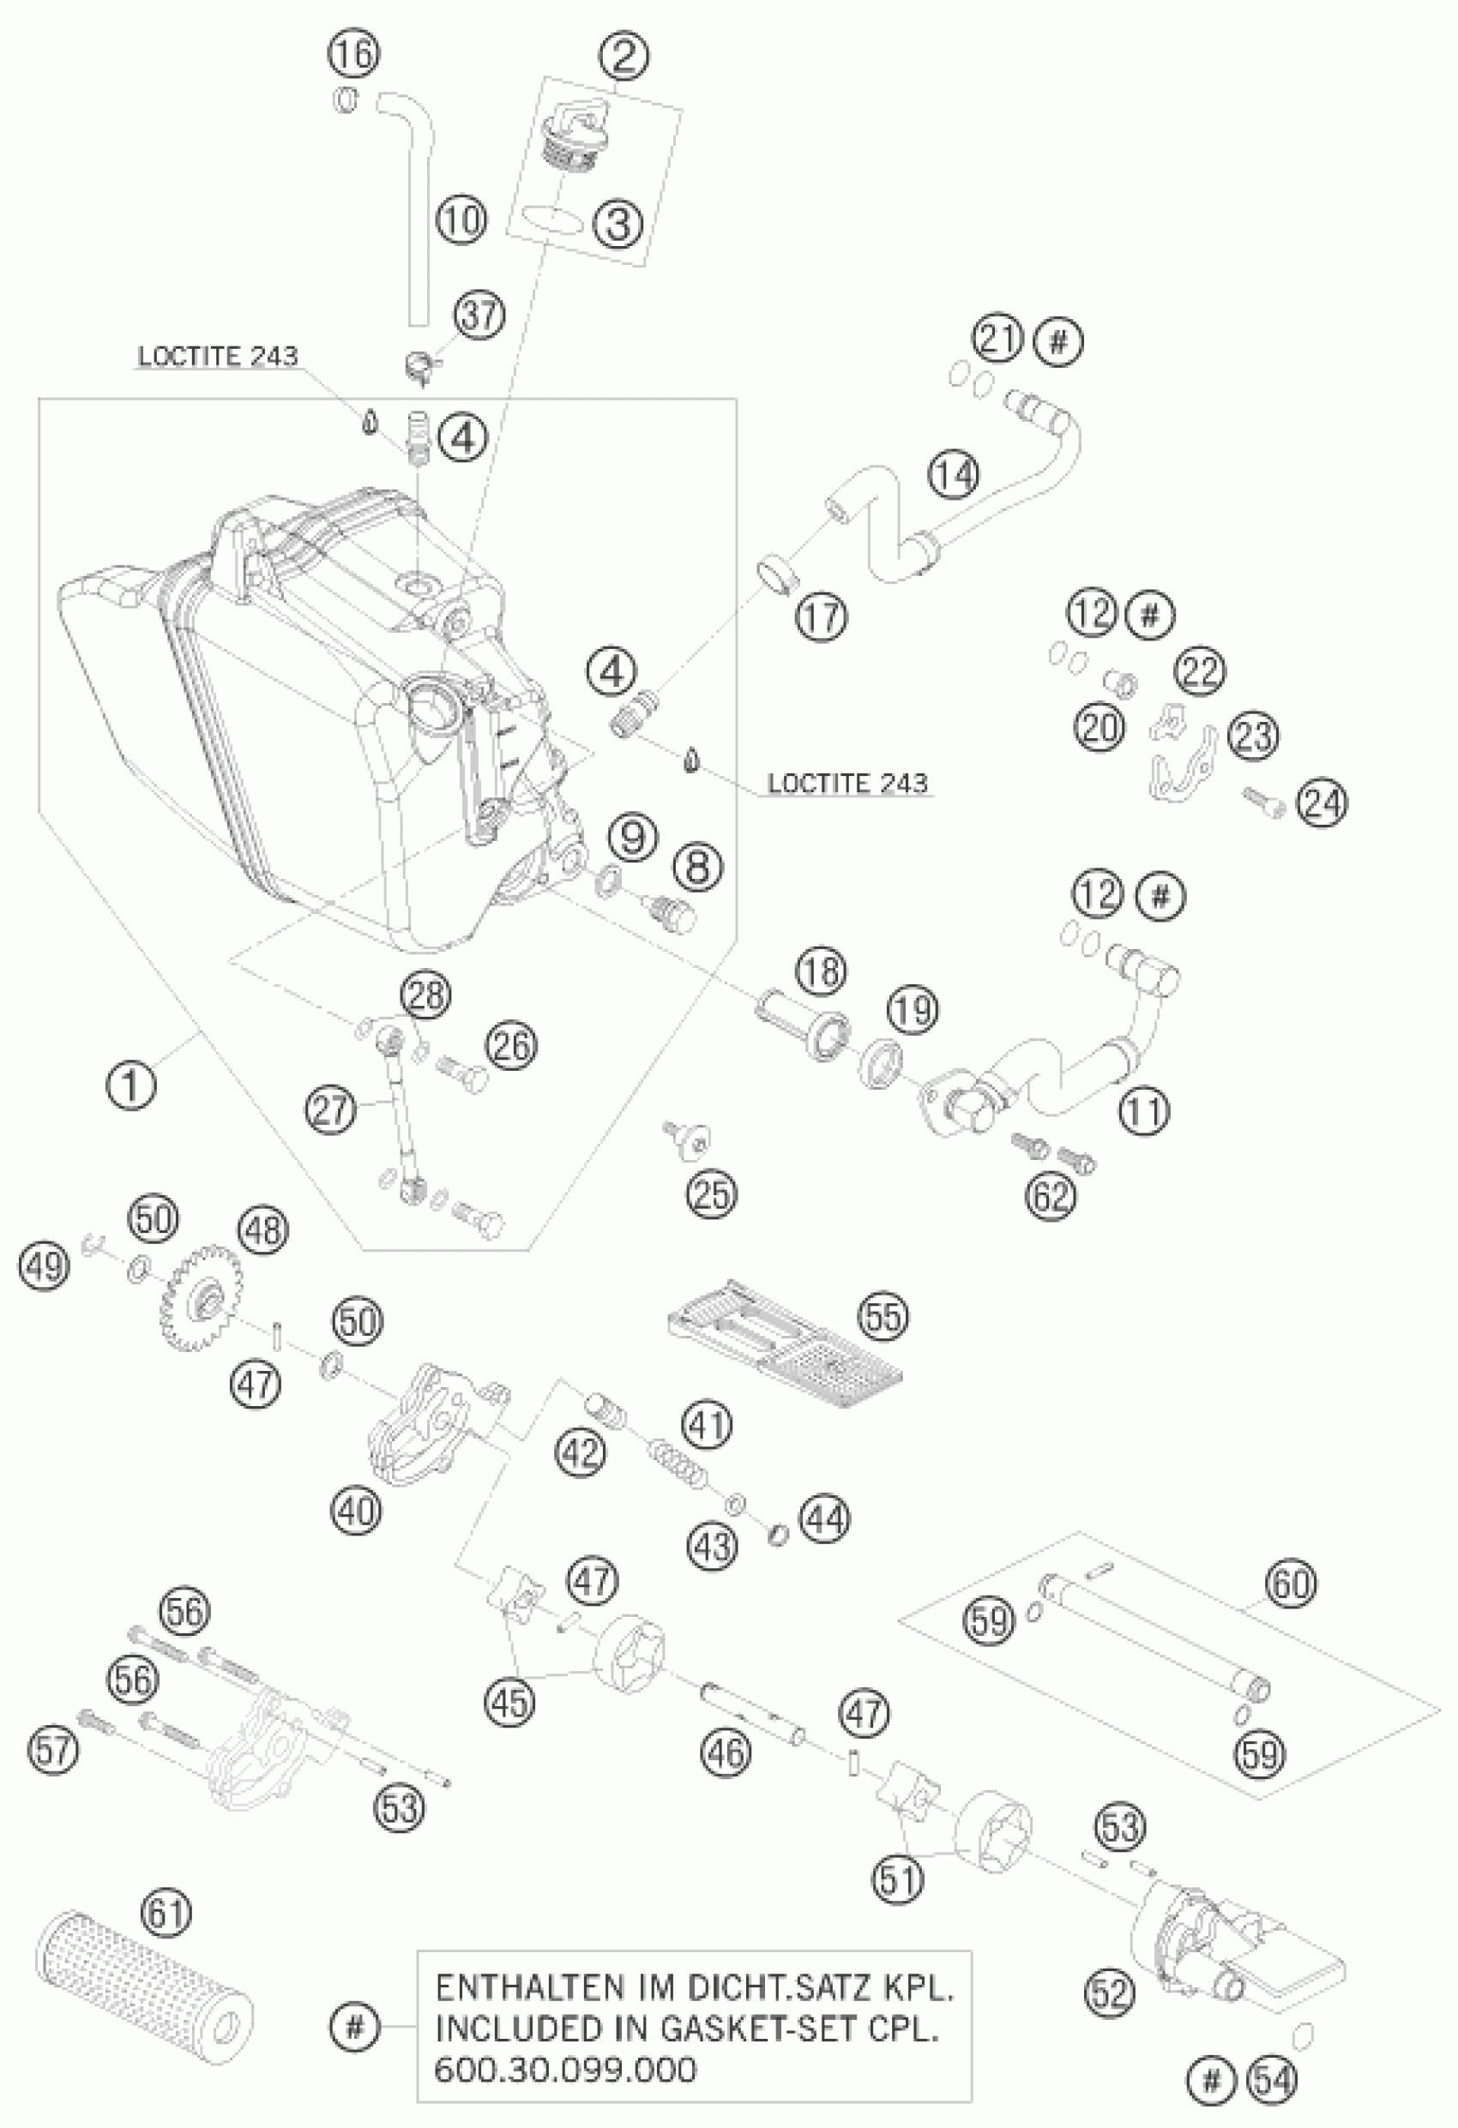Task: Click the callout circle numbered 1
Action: pos(132,1086)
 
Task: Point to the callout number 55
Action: pos(883,1317)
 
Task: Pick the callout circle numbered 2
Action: pos(624,57)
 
